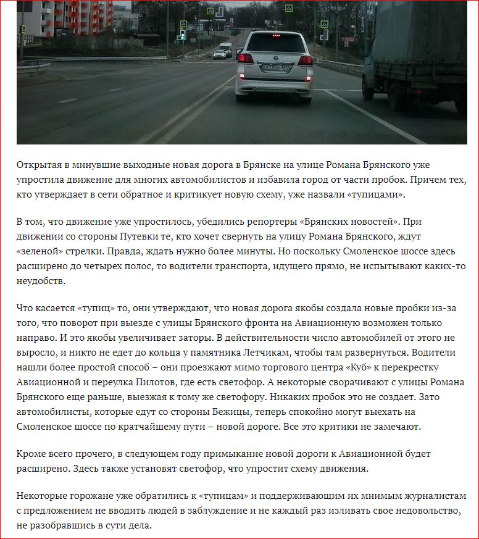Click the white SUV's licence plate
coord(271,67)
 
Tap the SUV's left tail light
coord(245,59)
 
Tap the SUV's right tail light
coord(305,60)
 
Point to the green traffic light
coord(182,38)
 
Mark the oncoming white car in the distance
coord(219,54)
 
